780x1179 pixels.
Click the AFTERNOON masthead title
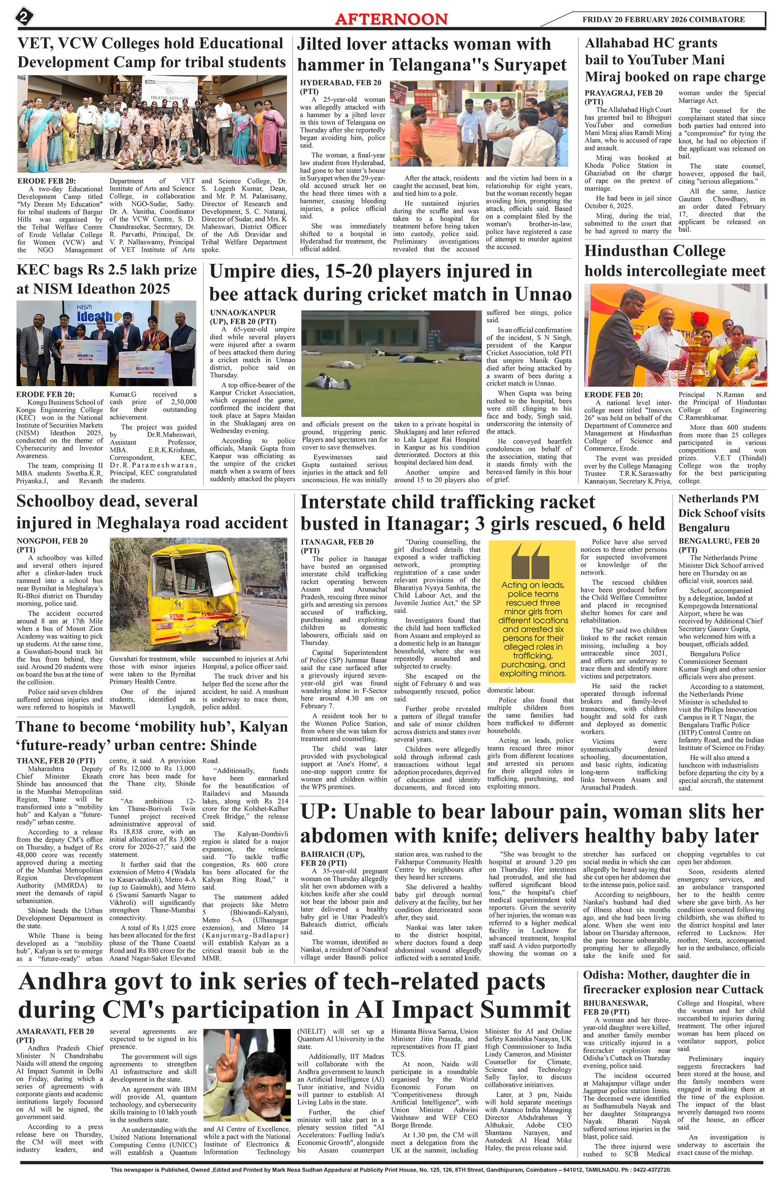click(391, 19)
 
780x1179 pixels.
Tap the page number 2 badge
click(23, 18)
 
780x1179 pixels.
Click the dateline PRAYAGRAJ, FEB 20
click(623, 93)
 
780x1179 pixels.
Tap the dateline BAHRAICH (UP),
click(332, 854)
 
